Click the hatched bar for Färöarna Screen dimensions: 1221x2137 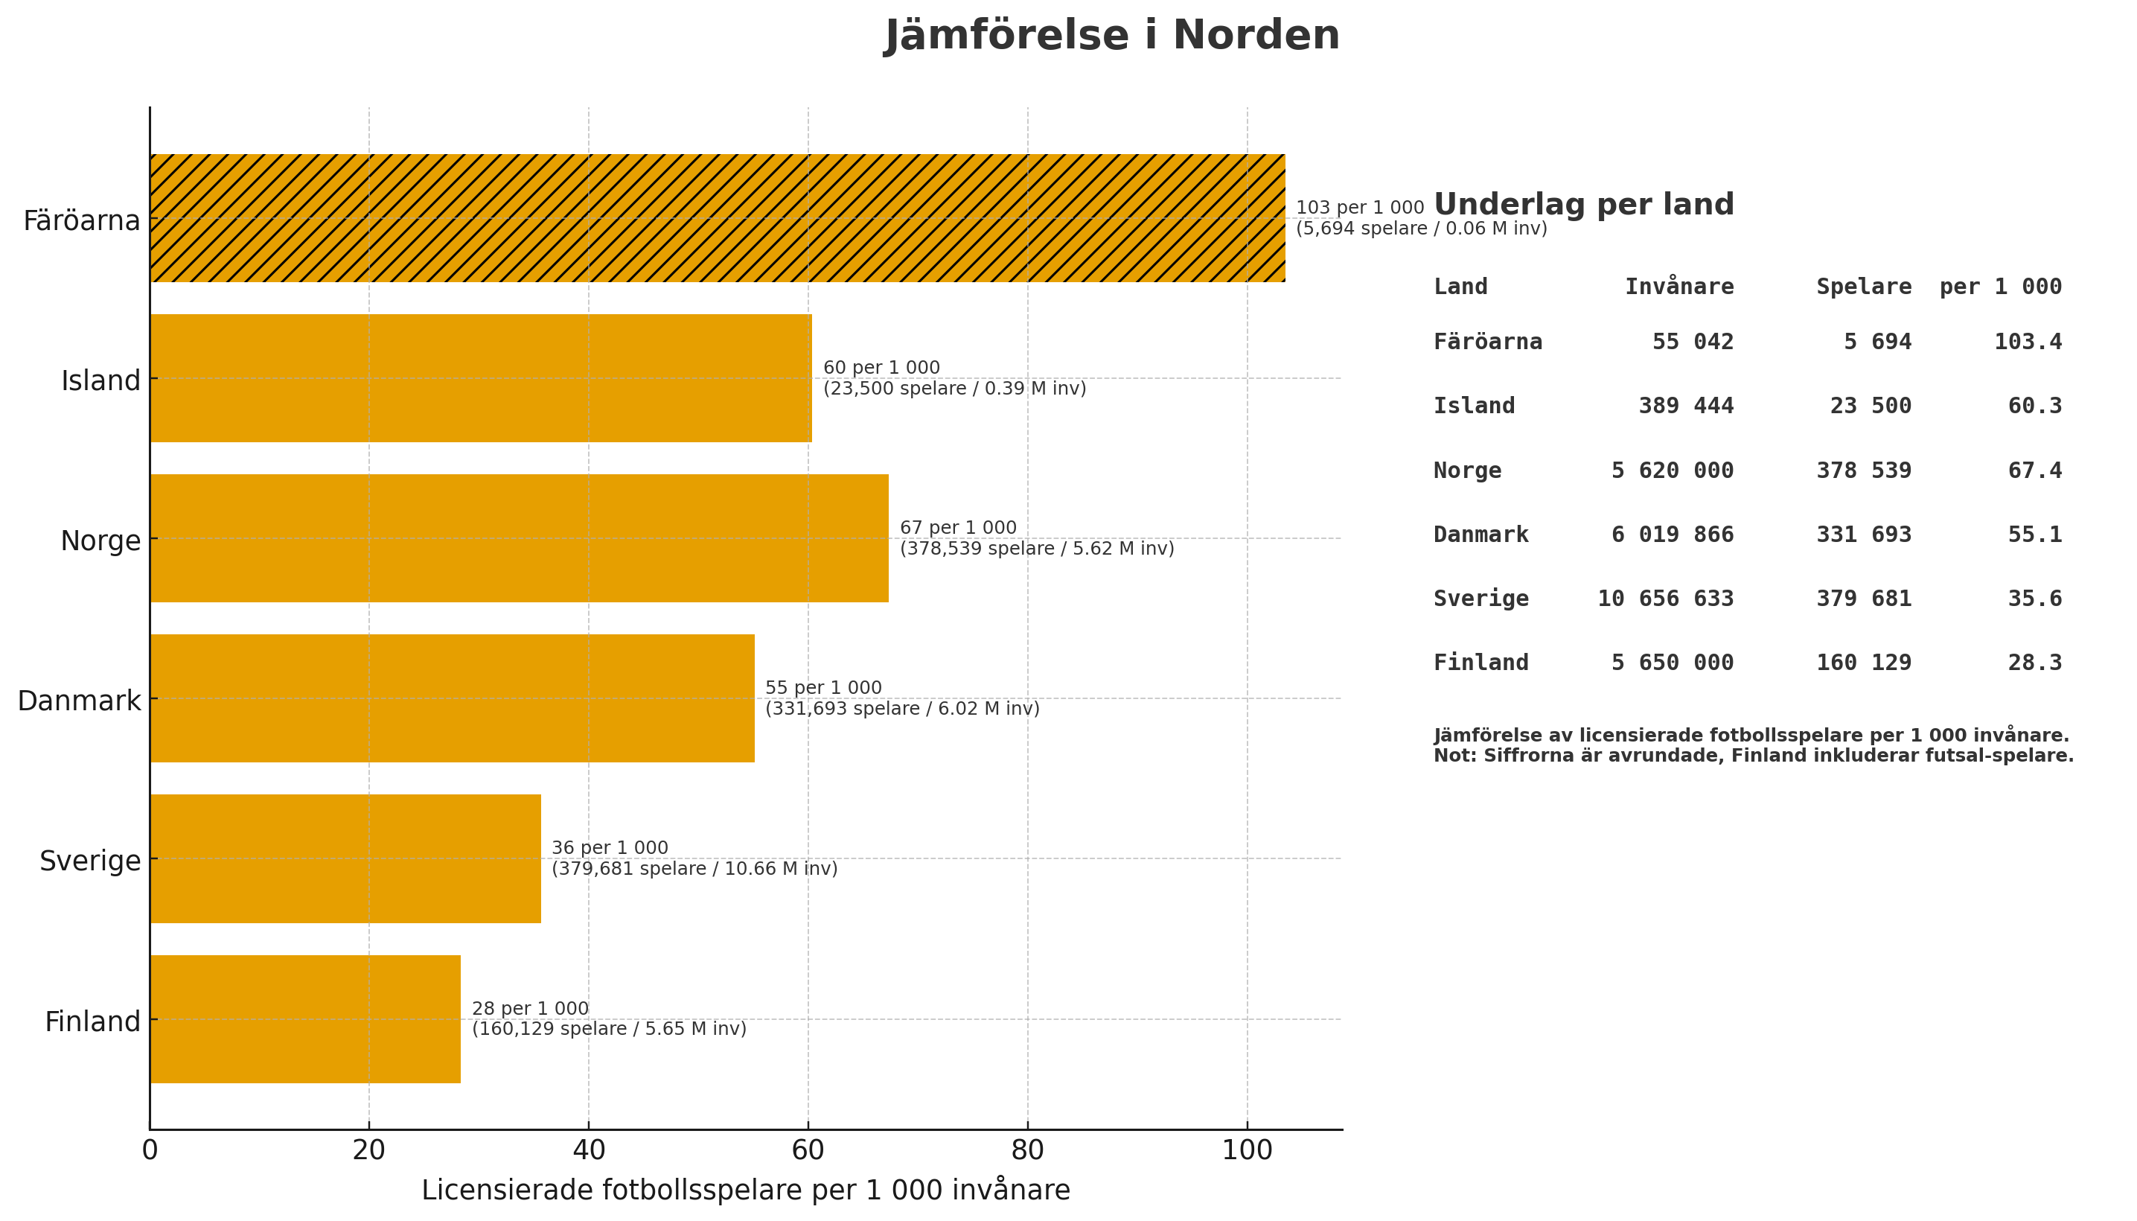point(717,218)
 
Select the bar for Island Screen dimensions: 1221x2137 point(480,378)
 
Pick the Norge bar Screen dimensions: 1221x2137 point(519,538)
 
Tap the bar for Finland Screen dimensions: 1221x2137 point(305,1019)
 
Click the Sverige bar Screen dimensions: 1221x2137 point(345,858)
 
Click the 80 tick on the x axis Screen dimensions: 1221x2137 point(1027,1150)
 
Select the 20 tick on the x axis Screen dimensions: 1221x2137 point(369,1150)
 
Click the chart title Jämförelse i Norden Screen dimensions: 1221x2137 point(1112,35)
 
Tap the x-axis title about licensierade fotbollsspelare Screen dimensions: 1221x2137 point(745,1190)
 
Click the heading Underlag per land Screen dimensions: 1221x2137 point(1582,205)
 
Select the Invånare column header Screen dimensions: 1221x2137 point(1678,287)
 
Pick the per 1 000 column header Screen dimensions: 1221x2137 point(1999,287)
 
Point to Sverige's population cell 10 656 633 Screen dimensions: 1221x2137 point(1665,599)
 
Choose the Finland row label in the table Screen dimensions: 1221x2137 point(1480,663)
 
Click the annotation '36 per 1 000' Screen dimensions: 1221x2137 point(610,848)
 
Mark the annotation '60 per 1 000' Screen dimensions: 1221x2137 point(881,367)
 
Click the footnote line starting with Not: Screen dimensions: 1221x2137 point(1753,756)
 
